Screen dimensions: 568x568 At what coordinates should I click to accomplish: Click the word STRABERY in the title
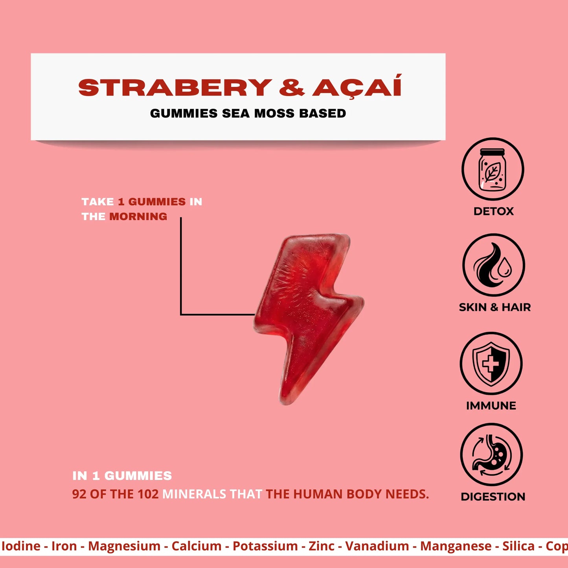pyautogui.click(x=175, y=87)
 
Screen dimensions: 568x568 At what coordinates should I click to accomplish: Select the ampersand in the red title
pyautogui.click(x=292, y=87)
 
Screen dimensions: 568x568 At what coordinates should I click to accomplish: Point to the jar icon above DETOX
pyautogui.click(x=493, y=169)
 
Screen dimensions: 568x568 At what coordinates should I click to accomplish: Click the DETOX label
pyautogui.click(x=494, y=211)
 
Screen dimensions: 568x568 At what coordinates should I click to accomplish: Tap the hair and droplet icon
pyautogui.click(x=493, y=265)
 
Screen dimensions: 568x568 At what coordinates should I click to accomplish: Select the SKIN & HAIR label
pyautogui.click(x=494, y=307)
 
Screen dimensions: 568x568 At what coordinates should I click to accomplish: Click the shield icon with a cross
pyautogui.click(x=491, y=364)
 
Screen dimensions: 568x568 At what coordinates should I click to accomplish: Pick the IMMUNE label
pyautogui.click(x=491, y=406)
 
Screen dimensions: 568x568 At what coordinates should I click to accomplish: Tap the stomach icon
pyautogui.click(x=491, y=454)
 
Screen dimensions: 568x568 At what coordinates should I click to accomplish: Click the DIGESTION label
pyautogui.click(x=493, y=496)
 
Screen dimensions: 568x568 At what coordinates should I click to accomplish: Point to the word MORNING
pyautogui.click(x=138, y=217)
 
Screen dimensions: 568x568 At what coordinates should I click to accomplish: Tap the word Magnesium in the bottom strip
pyautogui.click(x=124, y=546)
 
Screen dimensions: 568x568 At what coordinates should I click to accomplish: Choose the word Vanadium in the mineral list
pyautogui.click(x=377, y=546)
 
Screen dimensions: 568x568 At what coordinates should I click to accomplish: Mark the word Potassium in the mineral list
pyautogui.click(x=265, y=546)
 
